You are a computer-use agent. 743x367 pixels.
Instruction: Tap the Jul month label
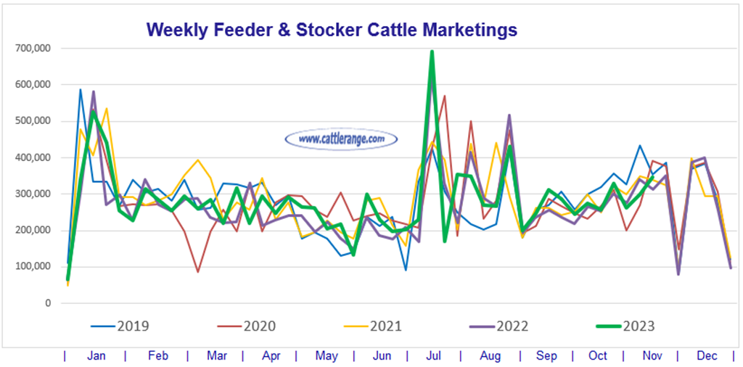coord(434,356)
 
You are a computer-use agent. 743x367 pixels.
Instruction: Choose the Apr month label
coord(271,356)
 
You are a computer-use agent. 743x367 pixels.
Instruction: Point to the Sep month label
coord(546,356)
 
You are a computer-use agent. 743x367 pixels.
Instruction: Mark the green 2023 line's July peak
coord(432,52)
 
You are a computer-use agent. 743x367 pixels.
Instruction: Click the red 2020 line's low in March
coord(197,272)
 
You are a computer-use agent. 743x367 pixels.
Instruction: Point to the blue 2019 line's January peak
coord(81,90)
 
